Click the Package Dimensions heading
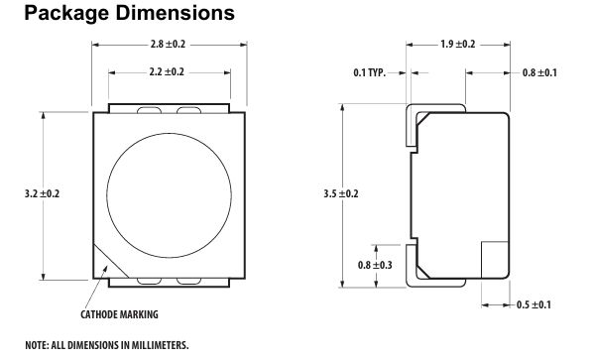pos(130,13)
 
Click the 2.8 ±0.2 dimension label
pos(168,45)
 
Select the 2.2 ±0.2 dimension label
pos(167,72)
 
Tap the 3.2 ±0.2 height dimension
pos(42,193)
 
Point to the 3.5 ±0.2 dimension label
pos(340,193)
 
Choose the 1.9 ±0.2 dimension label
pos(457,45)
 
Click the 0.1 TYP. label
pos(369,72)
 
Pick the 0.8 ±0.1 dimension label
pos(539,72)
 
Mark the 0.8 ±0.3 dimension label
pos(375,265)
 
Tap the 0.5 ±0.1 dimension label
pos(534,304)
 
